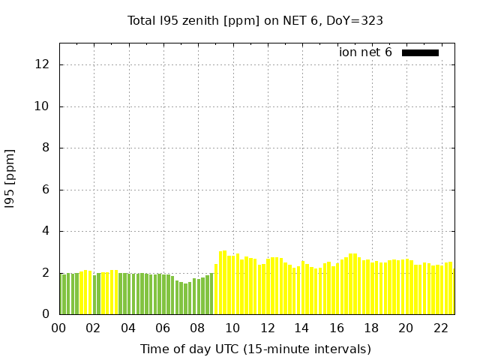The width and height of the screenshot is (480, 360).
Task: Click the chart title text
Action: pos(255,20)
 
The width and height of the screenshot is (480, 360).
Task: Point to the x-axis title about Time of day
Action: pos(255,349)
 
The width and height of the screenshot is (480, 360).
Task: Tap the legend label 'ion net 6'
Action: pos(365,52)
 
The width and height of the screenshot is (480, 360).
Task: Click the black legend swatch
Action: pos(420,52)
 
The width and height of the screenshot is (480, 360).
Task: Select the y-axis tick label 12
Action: pos(43,64)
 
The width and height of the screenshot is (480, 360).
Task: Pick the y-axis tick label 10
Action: pos(43,106)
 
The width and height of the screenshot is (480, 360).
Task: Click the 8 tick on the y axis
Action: pos(46,148)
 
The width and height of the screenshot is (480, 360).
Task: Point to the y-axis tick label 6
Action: pos(46,190)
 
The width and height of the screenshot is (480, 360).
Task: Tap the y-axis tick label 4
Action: pos(46,231)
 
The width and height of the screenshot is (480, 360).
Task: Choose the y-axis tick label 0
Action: pos(46,315)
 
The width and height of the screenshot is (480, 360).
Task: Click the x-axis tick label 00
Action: pos(58,328)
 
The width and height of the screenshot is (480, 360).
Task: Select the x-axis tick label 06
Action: pos(163,328)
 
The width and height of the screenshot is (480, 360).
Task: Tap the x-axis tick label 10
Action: pos(232,328)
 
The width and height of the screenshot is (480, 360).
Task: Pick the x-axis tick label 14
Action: pos(301,328)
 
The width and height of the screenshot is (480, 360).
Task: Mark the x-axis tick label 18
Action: pos(370,328)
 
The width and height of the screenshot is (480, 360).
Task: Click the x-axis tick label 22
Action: pos(440,328)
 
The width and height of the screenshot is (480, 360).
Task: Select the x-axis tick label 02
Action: pos(93,328)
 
